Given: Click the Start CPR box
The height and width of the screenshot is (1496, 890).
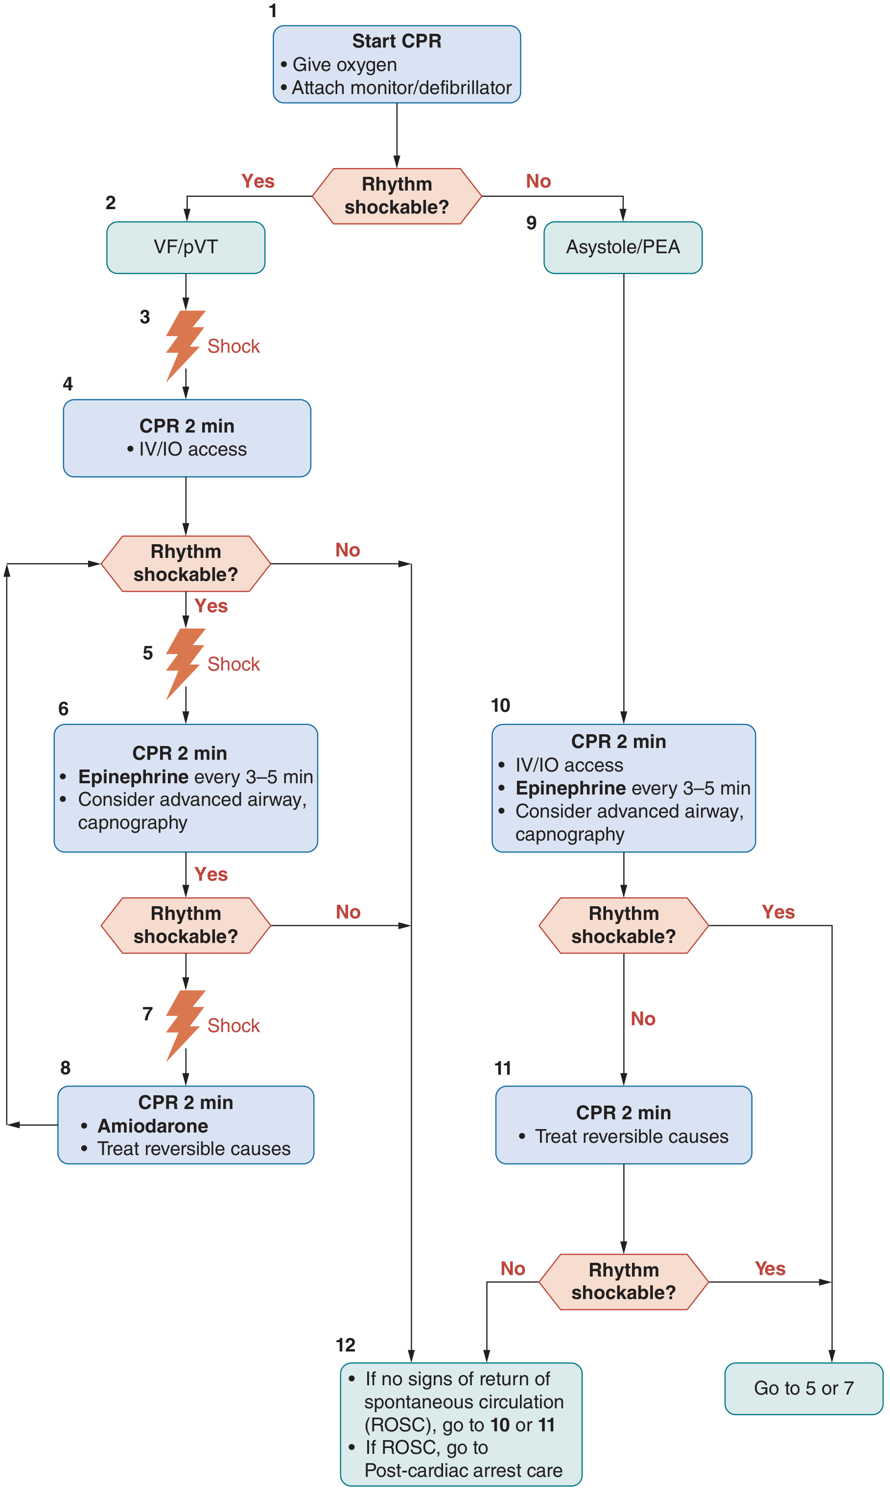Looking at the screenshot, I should tap(397, 64).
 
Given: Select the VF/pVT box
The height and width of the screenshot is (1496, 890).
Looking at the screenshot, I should tap(186, 247).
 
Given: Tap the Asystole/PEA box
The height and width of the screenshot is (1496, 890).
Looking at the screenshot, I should tap(623, 247).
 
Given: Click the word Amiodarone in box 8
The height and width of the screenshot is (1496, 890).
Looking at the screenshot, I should tap(153, 1126).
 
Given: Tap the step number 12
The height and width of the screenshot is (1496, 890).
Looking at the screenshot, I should tap(346, 1345).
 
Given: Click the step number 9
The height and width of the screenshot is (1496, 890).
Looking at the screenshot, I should tap(531, 223).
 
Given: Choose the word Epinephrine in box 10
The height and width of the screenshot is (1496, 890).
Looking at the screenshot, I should tap(570, 788).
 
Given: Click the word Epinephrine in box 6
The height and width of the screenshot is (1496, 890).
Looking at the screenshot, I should tap(133, 776).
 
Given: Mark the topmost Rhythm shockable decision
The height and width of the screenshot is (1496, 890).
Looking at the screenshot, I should tap(397, 195).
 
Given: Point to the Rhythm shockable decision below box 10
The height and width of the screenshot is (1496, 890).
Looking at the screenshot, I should tap(623, 925).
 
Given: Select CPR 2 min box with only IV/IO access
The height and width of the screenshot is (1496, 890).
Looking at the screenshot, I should tap(187, 438).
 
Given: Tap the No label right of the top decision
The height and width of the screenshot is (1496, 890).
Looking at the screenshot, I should tap(538, 181).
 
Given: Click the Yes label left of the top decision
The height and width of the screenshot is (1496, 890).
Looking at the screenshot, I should tap(258, 181).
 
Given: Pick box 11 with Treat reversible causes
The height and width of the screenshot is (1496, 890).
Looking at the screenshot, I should tap(623, 1125).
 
